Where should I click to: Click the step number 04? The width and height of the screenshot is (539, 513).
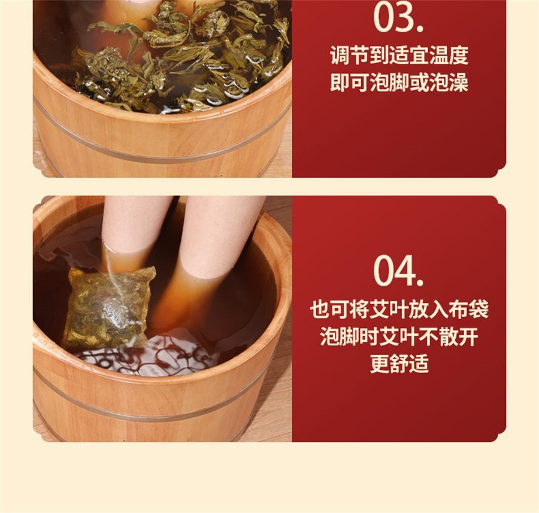[398, 271]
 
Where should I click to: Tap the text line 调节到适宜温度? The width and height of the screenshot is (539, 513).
[399, 56]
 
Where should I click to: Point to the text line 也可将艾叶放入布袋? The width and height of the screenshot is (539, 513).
[399, 309]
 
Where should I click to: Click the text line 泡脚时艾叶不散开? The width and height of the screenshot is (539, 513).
[399, 336]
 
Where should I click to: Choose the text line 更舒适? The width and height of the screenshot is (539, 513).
[399, 363]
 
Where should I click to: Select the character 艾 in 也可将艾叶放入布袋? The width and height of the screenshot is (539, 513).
[379, 309]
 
